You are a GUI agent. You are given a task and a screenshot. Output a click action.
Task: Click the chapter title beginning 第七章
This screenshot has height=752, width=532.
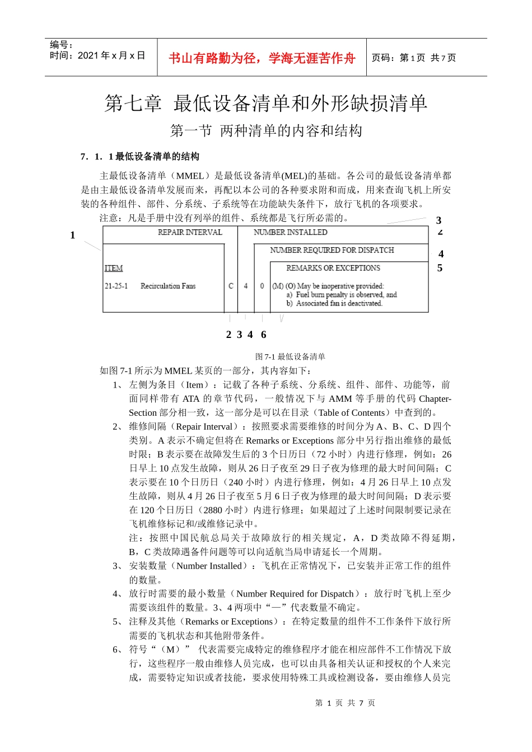click(x=266, y=103)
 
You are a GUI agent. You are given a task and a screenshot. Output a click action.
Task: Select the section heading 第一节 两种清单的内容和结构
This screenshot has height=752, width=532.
click(x=266, y=131)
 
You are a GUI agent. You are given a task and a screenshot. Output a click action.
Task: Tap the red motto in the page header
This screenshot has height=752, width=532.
click(x=262, y=58)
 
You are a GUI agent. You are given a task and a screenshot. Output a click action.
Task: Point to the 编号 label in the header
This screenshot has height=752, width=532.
click(x=61, y=45)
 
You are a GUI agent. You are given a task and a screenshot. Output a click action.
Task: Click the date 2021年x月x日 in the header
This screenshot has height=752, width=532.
click(x=98, y=55)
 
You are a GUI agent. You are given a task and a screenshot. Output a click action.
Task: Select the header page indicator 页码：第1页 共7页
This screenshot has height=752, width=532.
click(x=414, y=58)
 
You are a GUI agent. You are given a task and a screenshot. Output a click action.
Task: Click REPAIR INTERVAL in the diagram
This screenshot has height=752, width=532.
click(x=190, y=232)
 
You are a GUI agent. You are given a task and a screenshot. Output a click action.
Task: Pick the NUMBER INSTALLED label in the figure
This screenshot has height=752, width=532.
click(x=290, y=232)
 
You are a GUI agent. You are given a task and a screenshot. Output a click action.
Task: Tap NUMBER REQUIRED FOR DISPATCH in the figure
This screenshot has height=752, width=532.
click(x=332, y=250)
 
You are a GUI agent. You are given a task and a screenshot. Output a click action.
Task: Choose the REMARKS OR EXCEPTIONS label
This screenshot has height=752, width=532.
click(x=333, y=268)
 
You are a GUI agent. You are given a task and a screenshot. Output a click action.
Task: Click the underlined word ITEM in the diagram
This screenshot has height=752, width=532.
click(x=114, y=269)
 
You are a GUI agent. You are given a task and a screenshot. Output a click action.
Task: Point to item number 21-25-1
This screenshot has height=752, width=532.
click(x=116, y=286)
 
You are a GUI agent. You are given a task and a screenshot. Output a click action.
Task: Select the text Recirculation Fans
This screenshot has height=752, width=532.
click(x=168, y=286)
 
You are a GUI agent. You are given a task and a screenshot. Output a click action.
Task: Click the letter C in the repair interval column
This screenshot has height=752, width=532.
click(x=231, y=286)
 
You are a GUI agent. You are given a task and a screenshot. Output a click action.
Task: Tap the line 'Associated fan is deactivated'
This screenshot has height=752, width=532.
click(x=338, y=303)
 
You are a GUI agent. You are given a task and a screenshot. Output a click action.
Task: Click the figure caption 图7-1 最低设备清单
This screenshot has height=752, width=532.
click(x=290, y=356)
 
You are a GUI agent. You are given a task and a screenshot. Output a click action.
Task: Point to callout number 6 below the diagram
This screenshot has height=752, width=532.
click(x=263, y=335)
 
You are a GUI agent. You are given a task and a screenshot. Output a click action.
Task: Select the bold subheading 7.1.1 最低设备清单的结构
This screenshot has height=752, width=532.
click(x=140, y=157)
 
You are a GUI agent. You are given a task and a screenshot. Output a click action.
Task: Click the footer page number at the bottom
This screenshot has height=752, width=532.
click(x=345, y=703)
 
